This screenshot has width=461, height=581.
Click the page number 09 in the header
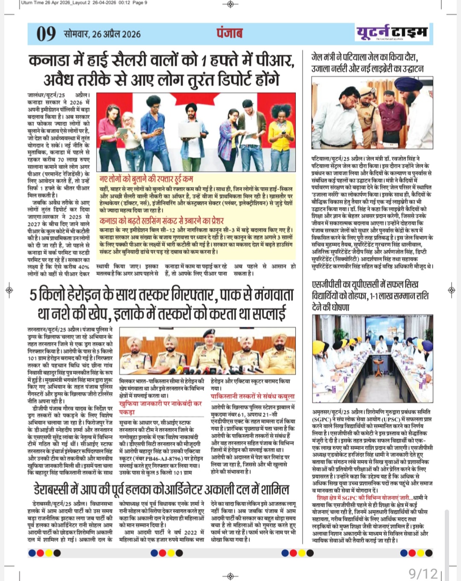coord(46,34)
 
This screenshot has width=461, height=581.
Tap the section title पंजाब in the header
coord(229,33)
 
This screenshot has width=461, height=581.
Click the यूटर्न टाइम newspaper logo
coord(392,32)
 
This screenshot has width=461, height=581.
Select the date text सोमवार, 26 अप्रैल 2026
coord(102,34)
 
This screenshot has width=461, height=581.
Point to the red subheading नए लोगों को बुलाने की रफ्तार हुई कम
coord(146,178)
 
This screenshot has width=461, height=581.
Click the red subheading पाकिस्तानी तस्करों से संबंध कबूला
coord(252,397)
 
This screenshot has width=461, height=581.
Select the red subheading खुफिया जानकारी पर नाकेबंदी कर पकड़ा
coord(160,407)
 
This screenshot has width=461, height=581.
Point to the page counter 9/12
coord(423,573)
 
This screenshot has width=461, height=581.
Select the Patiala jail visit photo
coord(372,113)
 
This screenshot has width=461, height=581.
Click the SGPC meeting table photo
coord(372,360)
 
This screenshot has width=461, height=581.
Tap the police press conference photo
coord(207,352)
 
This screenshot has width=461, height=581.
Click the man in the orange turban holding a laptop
coord(195,124)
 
